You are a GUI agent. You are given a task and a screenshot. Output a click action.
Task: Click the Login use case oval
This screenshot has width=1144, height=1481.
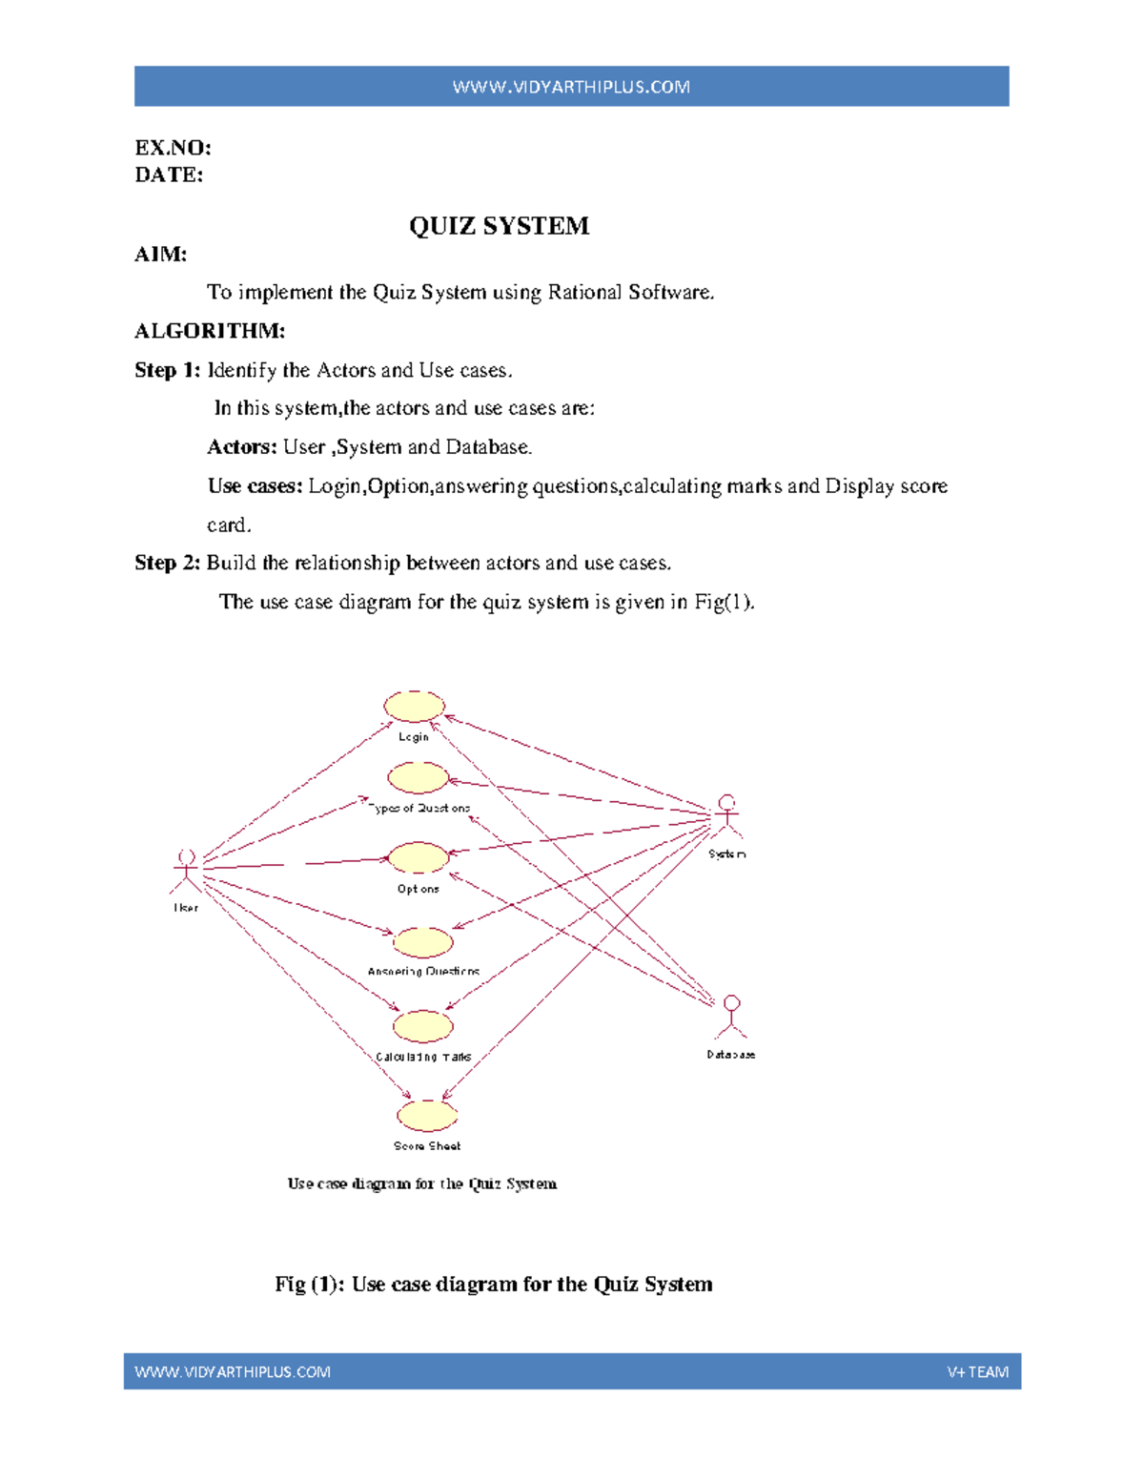414,707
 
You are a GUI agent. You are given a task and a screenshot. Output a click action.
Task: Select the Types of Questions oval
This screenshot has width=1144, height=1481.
418,778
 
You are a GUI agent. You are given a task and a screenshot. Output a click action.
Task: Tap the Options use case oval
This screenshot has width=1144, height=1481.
419,857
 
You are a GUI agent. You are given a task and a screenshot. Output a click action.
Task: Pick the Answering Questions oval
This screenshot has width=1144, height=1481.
422,942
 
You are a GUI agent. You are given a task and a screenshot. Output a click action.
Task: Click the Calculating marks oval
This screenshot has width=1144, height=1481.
422,1026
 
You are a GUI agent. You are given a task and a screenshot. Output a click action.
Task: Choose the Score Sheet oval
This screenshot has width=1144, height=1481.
427,1116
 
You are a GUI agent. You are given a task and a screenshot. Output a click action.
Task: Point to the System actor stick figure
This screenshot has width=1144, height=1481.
727,816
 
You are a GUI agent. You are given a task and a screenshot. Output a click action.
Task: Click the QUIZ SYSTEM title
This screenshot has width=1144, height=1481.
499,226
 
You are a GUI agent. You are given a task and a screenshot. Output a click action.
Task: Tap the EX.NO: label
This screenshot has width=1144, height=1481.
173,148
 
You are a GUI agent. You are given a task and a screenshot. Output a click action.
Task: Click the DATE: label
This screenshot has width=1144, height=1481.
169,175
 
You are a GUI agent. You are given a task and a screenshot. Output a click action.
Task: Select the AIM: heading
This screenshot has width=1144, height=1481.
160,254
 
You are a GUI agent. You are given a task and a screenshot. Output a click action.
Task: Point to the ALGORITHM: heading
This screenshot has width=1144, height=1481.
210,331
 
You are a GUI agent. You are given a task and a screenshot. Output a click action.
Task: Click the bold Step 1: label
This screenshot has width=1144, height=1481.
167,370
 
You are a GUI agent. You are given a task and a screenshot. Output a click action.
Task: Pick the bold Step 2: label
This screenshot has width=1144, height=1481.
167,563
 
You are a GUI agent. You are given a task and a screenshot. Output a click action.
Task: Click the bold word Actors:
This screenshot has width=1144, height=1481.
242,447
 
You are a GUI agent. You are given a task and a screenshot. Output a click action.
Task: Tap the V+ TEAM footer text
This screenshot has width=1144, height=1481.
977,1372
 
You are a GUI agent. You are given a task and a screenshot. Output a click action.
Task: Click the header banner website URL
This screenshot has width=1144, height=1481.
571,87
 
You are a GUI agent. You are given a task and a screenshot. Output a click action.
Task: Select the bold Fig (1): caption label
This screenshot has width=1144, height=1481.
309,1285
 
